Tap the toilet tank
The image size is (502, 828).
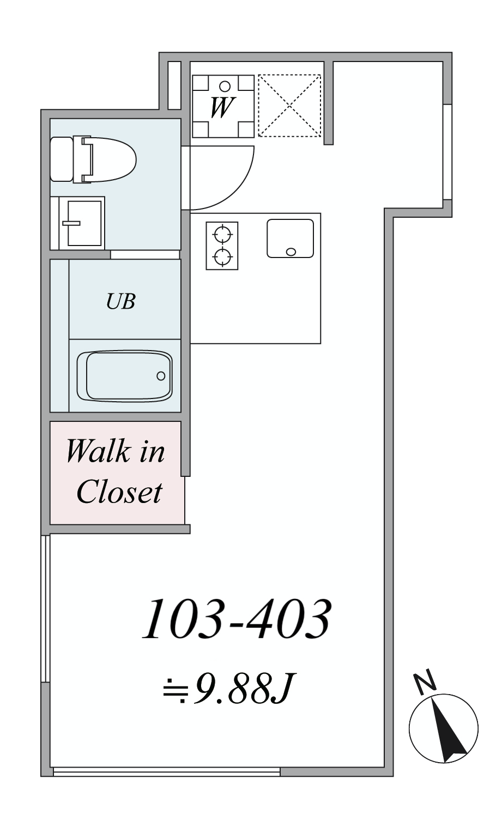(62, 160)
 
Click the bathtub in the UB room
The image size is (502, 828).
(124, 376)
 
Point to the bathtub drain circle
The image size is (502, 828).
(161, 376)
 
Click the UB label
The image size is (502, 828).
(120, 301)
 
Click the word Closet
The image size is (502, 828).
(119, 492)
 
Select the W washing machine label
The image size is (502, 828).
(222, 108)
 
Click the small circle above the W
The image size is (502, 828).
(225, 86)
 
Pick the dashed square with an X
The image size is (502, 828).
(289, 106)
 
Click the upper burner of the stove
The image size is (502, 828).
(222, 234)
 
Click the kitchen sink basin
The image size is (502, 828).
(290, 238)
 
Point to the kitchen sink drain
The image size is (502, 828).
(291, 252)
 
